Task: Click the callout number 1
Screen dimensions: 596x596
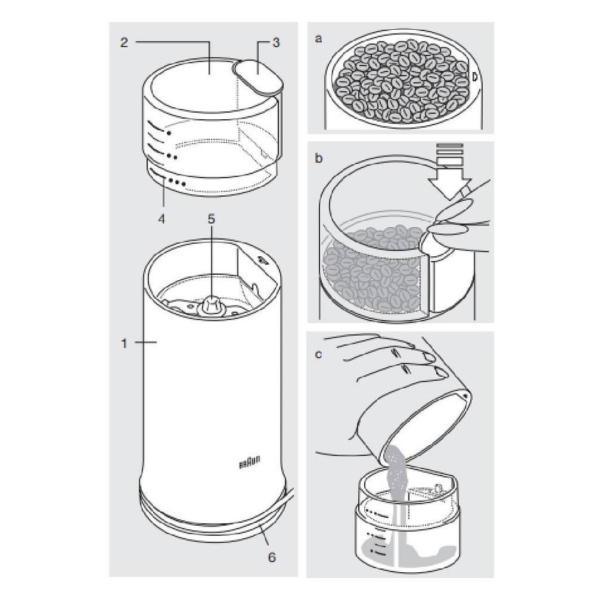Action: coord(124,344)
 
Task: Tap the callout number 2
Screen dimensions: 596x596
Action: coord(124,42)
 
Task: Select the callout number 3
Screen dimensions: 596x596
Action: coord(276,42)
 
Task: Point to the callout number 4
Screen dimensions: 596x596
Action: coord(162,219)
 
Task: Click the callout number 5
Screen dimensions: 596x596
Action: coord(211,219)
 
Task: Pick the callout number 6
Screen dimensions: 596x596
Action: coord(272,557)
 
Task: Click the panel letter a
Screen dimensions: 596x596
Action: coord(319,38)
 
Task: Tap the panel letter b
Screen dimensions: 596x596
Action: coord(319,158)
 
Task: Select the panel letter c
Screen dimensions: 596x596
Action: coord(319,354)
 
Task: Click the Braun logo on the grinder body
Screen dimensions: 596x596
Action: coord(250,462)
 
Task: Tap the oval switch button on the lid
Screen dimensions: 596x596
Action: coord(258,76)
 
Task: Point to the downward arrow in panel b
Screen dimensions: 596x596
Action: coord(450,171)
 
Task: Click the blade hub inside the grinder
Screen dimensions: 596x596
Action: coord(209,305)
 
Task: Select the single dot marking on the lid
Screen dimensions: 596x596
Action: coord(168,133)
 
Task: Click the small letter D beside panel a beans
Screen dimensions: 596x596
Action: coord(474,76)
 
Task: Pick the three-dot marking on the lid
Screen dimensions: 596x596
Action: coord(177,183)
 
